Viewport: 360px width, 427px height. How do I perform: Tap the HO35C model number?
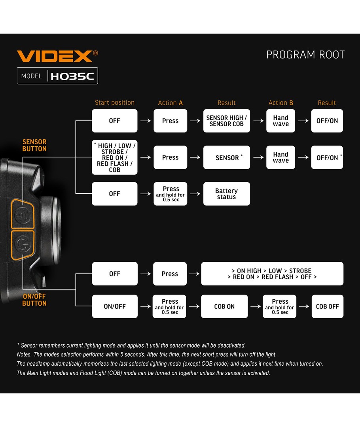coord(72,76)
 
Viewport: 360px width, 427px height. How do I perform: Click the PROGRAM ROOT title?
coord(305,55)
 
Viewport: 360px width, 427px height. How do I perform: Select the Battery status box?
coord(226,194)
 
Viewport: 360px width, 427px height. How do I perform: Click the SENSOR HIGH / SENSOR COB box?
coord(226,121)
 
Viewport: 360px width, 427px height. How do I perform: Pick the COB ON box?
coord(224,306)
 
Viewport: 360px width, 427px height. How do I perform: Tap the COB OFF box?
coord(327,306)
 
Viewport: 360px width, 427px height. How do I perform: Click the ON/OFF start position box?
coord(114,306)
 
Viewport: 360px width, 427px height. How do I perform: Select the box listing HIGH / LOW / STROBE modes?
coord(114,157)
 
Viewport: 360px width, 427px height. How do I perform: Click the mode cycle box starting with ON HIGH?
coord(272,274)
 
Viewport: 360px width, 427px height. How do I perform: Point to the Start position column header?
coord(114,103)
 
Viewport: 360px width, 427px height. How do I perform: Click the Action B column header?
coord(280,103)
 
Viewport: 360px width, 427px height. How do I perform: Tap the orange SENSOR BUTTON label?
coord(34,145)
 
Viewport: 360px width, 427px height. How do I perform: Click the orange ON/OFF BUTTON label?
coord(34,300)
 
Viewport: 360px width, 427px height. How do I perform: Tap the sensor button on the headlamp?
coord(23,214)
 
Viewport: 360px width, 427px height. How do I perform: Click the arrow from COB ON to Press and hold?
coord(255,306)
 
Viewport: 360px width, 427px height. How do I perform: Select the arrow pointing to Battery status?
coord(195,194)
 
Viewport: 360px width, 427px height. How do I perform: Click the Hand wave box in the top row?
coord(280,121)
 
